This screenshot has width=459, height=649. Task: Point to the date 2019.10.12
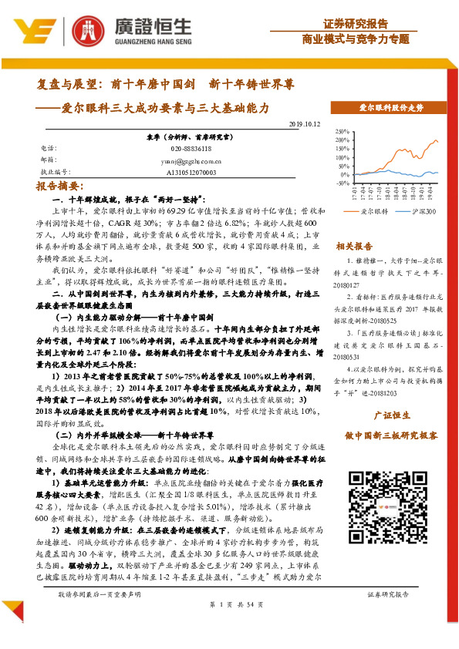[305, 123]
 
